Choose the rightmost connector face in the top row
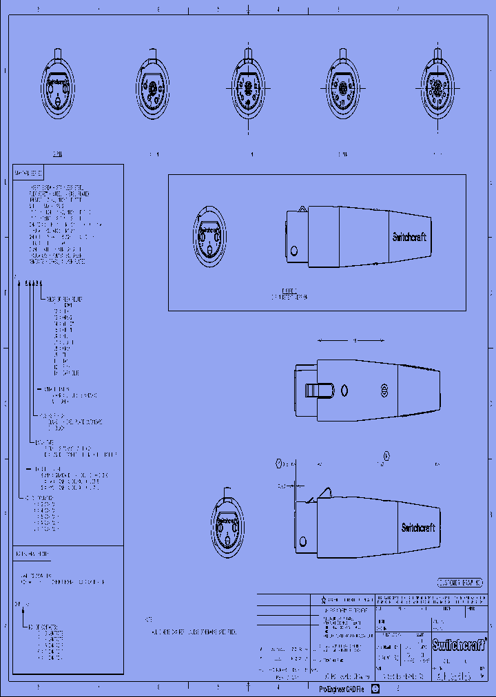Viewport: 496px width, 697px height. click(437, 90)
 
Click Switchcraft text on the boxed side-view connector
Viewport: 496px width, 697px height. click(409, 236)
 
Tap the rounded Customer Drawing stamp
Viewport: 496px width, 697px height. click(460, 582)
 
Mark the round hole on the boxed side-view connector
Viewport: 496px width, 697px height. click(294, 249)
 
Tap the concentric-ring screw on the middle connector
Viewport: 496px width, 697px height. click(385, 392)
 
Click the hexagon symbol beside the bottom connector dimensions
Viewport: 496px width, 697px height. click(279, 463)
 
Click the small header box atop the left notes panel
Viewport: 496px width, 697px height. click(29, 171)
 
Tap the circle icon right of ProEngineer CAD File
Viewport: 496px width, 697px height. click(375, 688)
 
